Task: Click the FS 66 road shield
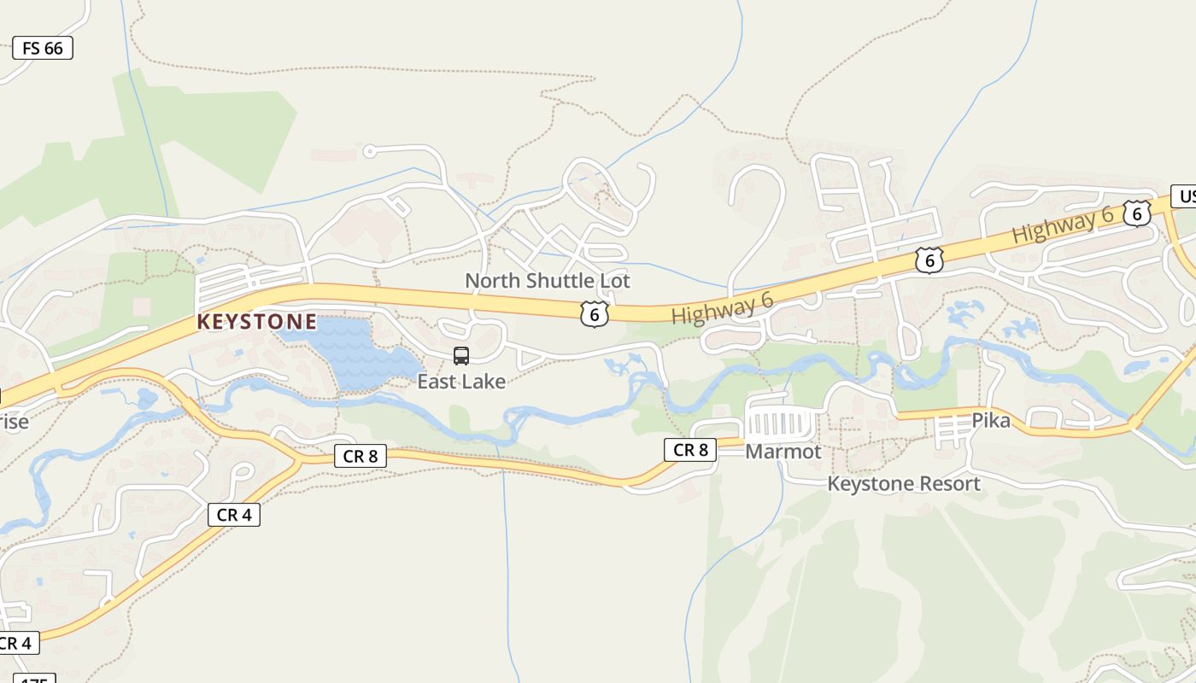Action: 43,48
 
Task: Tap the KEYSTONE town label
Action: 256,322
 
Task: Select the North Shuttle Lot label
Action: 547,280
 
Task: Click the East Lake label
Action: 461,381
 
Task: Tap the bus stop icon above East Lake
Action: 461,356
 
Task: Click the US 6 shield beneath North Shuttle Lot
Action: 594,314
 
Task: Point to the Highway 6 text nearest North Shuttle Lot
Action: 722,307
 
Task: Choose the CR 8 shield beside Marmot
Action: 690,449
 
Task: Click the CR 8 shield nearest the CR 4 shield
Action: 360,456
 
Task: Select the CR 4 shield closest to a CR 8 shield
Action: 233,515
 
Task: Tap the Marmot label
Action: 783,451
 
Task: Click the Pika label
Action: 991,420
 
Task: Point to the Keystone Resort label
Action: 904,483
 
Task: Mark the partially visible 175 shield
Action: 34,679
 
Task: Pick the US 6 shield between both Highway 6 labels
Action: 929,260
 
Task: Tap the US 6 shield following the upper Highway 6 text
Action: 1136,213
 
